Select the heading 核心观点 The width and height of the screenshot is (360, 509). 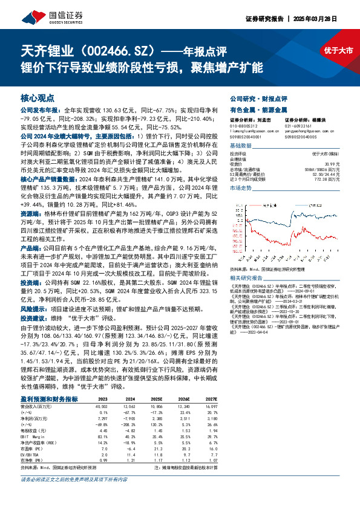38,97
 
